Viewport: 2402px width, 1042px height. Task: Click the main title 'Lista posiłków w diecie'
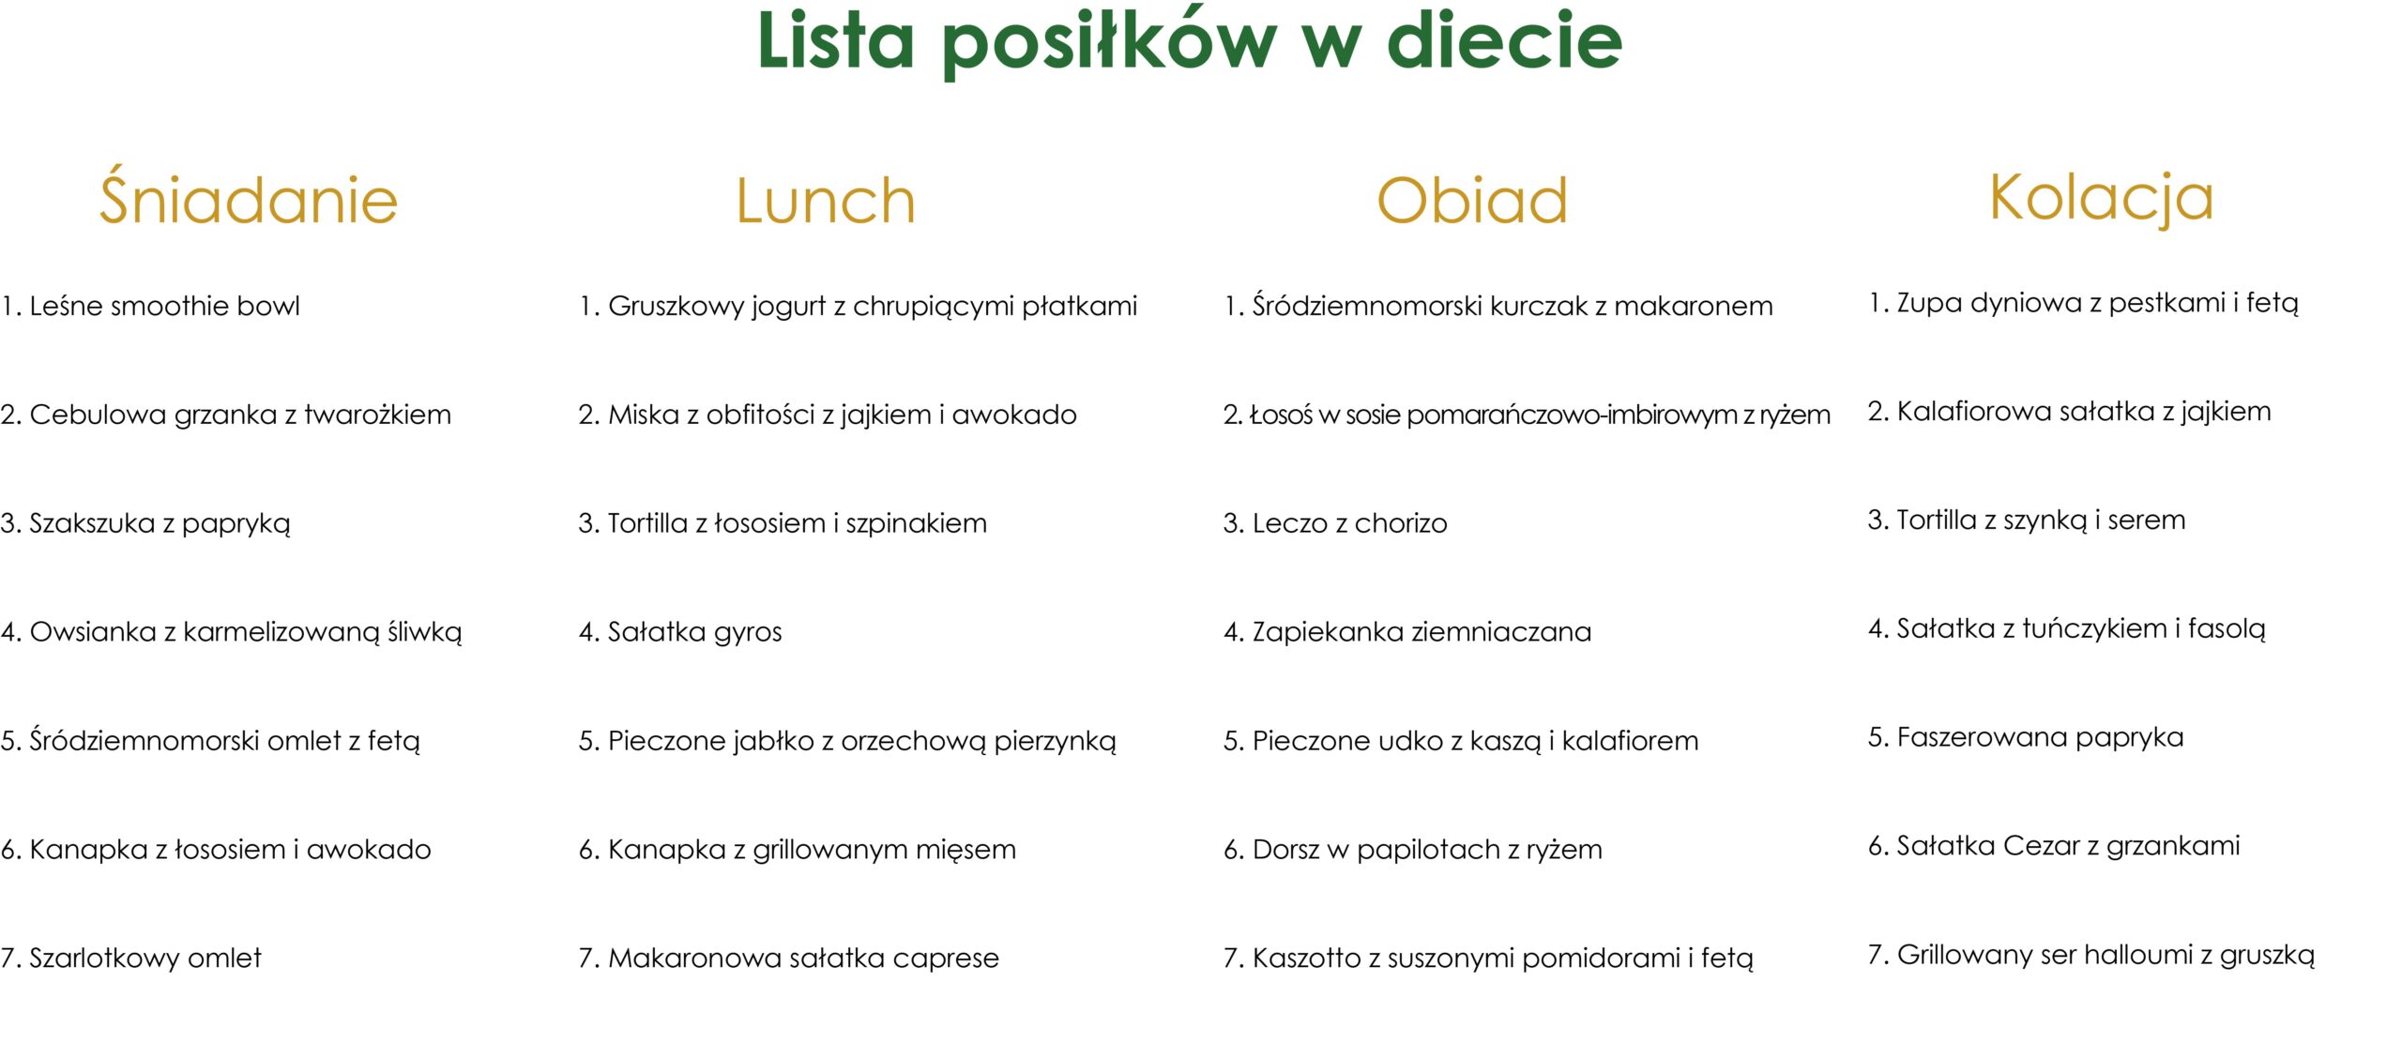(1190, 41)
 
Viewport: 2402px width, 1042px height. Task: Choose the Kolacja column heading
(2102, 198)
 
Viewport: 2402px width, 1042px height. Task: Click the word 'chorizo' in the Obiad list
(1401, 523)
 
